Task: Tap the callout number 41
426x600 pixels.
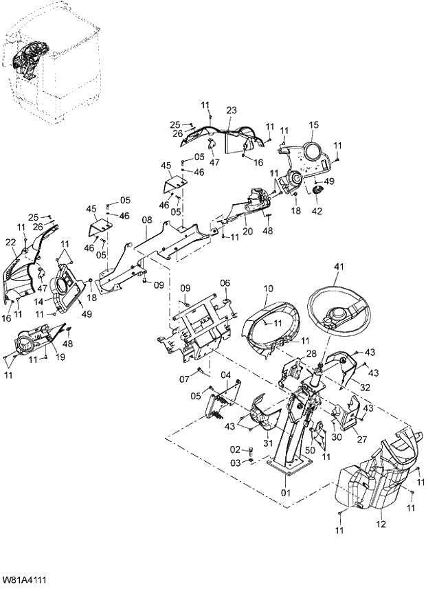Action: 338,269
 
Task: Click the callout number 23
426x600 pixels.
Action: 231,110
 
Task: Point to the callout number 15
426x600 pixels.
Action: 314,124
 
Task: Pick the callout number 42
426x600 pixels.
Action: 316,212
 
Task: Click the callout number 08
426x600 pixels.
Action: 146,220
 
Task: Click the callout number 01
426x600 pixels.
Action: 285,492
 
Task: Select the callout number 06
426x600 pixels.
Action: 225,283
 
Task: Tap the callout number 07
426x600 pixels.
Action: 184,378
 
